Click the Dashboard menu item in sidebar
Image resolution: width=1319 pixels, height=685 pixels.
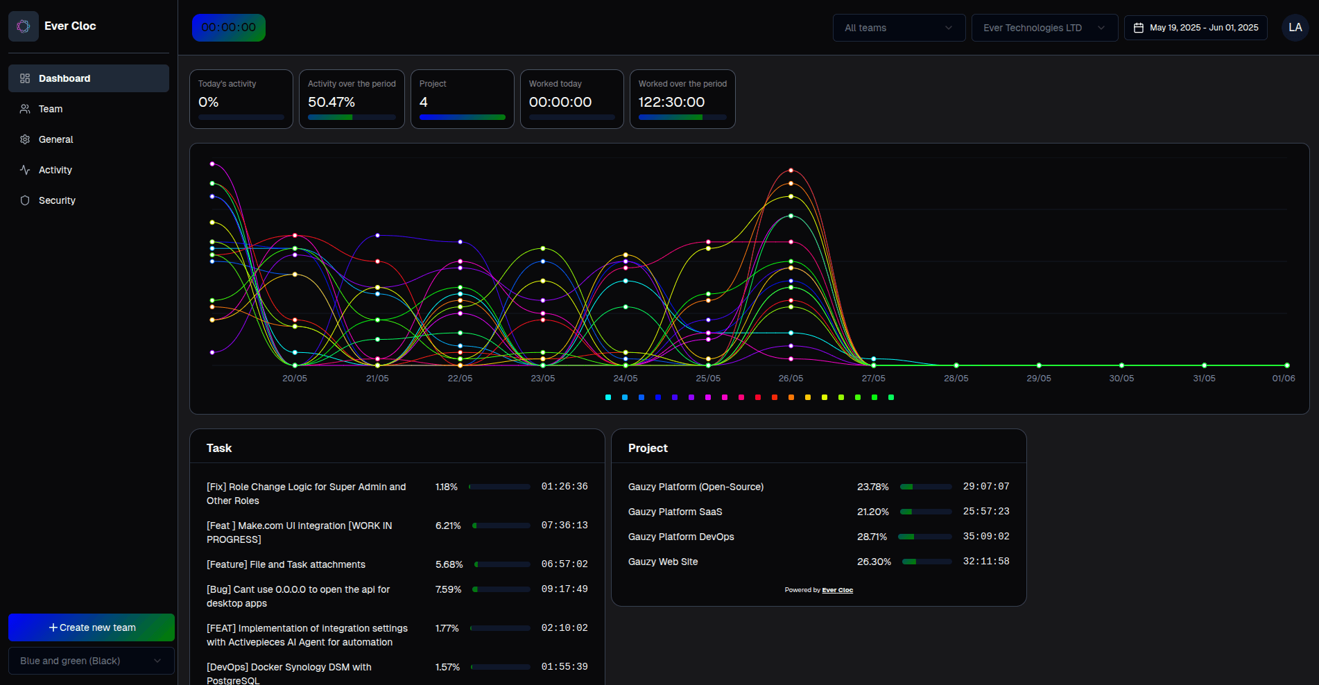point(64,78)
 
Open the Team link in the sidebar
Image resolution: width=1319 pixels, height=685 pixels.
point(50,109)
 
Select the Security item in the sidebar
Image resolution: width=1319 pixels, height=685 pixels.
point(57,200)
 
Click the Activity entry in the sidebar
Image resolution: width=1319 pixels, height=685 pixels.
point(55,170)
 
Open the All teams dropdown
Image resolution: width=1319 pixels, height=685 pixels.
point(898,28)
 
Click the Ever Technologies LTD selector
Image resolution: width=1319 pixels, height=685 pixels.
point(1044,28)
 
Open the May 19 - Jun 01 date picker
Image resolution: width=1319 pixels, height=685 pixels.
point(1196,28)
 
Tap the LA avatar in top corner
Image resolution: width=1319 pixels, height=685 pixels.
point(1295,28)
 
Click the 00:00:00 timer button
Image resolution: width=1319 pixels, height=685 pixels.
point(228,28)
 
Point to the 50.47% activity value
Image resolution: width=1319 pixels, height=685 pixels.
point(331,102)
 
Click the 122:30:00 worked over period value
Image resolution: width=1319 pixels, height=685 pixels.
point(671,102)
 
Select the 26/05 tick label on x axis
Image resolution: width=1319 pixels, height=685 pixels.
point(791,379)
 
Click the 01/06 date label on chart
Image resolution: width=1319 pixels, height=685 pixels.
point(1283,379)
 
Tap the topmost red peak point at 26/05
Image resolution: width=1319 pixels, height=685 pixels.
point(791,170)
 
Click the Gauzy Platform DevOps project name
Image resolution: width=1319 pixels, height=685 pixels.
point(681,537)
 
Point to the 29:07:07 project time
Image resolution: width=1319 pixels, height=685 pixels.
point(985,487)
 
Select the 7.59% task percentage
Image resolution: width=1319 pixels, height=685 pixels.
point(448,589)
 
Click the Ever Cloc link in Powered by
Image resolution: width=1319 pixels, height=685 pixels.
point(837,590)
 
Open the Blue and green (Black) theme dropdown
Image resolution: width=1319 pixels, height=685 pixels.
point(91,661)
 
